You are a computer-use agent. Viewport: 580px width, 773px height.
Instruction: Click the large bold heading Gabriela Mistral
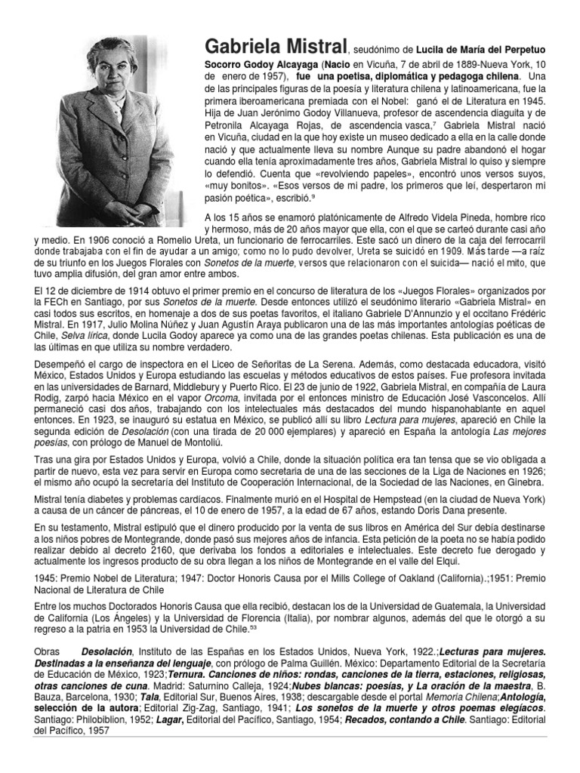point(270,46)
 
